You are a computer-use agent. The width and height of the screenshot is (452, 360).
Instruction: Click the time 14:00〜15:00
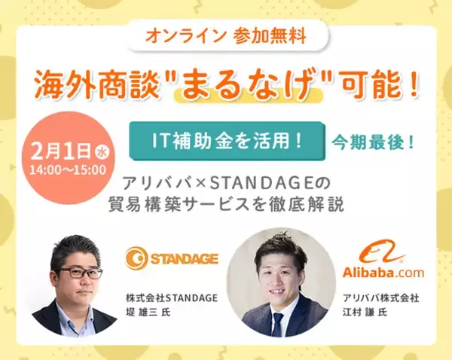[x=68, y=169]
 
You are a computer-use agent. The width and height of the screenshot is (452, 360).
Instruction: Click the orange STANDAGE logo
[x=172, y=259]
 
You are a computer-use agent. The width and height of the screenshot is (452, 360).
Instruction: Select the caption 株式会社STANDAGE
[x=172, y=297]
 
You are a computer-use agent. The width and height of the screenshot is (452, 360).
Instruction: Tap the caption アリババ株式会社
[x=380, y=297]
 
